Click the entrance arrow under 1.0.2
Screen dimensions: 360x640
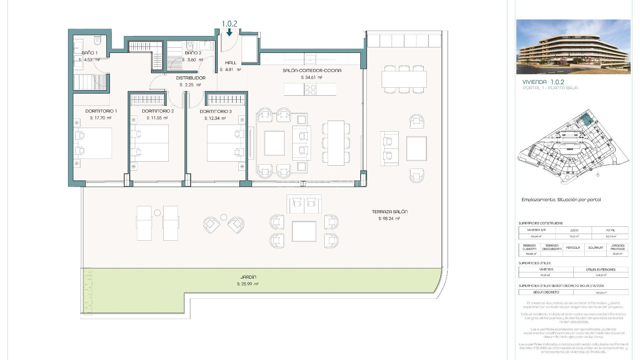tap(229, 32)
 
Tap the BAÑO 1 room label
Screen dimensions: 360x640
tap(90, 53)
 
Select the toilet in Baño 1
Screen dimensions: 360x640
tap(97, 41)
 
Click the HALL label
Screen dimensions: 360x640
tap(231, 63)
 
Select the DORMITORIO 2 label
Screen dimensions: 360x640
tap(158, 111)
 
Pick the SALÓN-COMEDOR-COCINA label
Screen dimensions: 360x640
tap(312, 70)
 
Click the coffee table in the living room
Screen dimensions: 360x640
tap(274, 143)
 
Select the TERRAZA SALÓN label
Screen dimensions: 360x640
tap(389, 212)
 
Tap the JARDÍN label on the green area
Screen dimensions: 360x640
tap(248, 277)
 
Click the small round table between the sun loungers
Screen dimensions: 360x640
tap(157, 212)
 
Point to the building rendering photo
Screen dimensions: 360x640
tap(573, 47)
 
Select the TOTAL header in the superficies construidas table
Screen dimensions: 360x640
tap(610, 230)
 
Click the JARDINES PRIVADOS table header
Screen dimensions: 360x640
tap(617, 247)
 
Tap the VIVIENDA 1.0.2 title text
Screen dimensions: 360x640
tap(543, 82)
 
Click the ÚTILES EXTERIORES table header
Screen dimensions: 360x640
tap(601, 269)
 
